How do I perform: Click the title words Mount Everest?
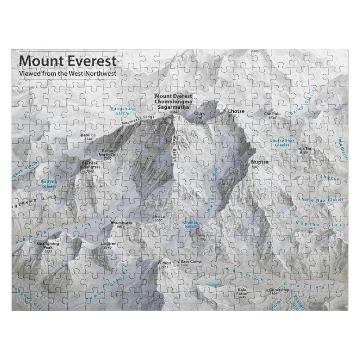[68, 60]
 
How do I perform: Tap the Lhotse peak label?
[236, 111]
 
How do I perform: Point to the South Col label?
[199, 116]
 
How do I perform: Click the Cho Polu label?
[272, 114]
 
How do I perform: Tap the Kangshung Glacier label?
[123, 111]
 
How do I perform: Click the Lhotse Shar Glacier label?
[282, 143]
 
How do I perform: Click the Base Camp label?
[191, 261]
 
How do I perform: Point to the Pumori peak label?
[163, 264]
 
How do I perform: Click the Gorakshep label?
[279, 289]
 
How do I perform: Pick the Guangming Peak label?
[48, 246]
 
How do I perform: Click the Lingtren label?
[108, 244]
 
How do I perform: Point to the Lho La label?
[158, 217]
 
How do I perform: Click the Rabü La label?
[88, 135]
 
